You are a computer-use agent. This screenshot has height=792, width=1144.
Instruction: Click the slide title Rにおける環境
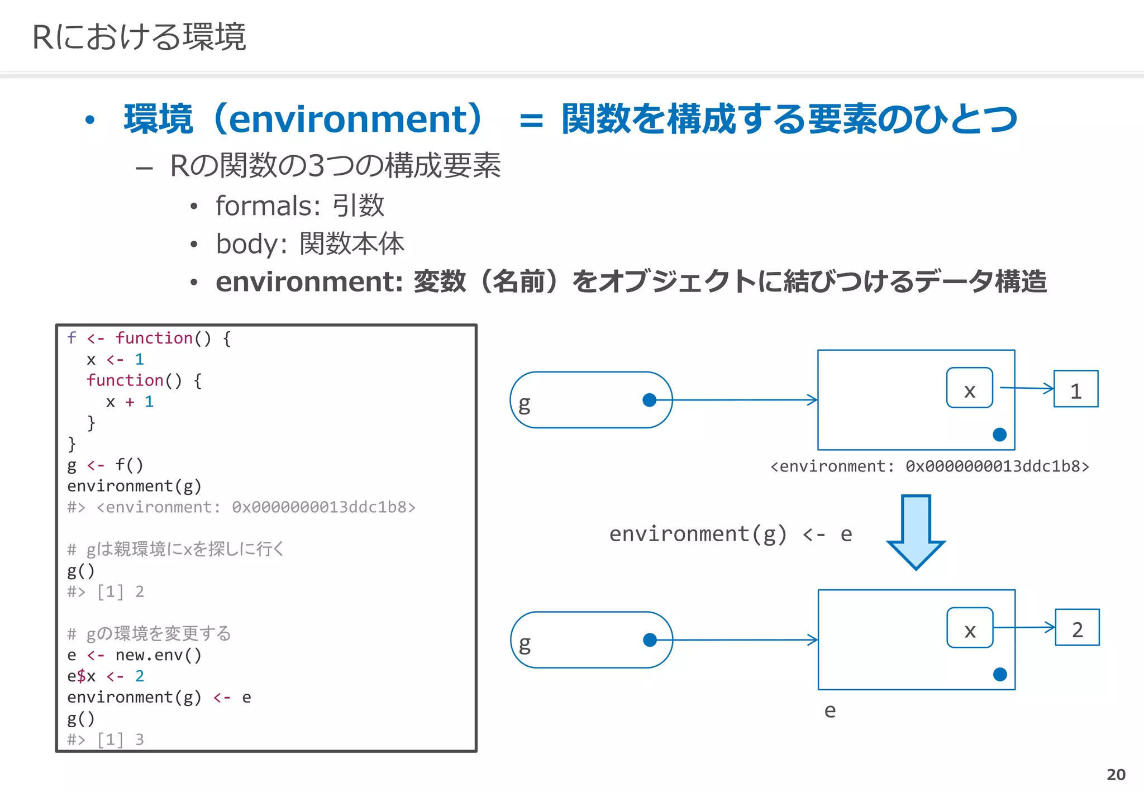tap(139, 37)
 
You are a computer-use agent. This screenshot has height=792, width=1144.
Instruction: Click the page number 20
tap(1116, 774)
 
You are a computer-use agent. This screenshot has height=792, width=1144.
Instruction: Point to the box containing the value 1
tap(1075, 389)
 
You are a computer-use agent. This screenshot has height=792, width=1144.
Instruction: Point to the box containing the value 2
tap(1077, 628)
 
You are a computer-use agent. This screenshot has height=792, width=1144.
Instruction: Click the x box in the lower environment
tap(970, 628)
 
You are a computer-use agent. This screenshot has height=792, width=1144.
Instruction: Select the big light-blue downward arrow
tap(916, 531)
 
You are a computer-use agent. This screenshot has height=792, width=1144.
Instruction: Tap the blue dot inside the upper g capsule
tap(649, 400)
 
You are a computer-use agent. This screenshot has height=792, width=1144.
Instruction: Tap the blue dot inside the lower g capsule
tap(650, 640)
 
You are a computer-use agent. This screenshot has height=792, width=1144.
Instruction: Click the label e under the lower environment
tap(830, 710)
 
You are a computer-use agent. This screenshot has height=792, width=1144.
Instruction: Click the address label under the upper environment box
tap(929, 466)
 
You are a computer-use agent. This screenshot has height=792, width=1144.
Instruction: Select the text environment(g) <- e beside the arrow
tap(730, 534)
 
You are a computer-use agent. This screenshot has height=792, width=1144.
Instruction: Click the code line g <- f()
tap(105, 465)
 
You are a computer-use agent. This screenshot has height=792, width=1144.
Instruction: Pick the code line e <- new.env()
tap(134, 655)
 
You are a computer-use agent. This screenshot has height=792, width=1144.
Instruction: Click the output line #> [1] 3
tap(105, 739)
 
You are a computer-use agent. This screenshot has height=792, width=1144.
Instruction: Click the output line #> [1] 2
tap(105, 591)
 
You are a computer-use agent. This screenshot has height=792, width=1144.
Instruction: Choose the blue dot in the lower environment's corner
tap(1000, 675)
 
